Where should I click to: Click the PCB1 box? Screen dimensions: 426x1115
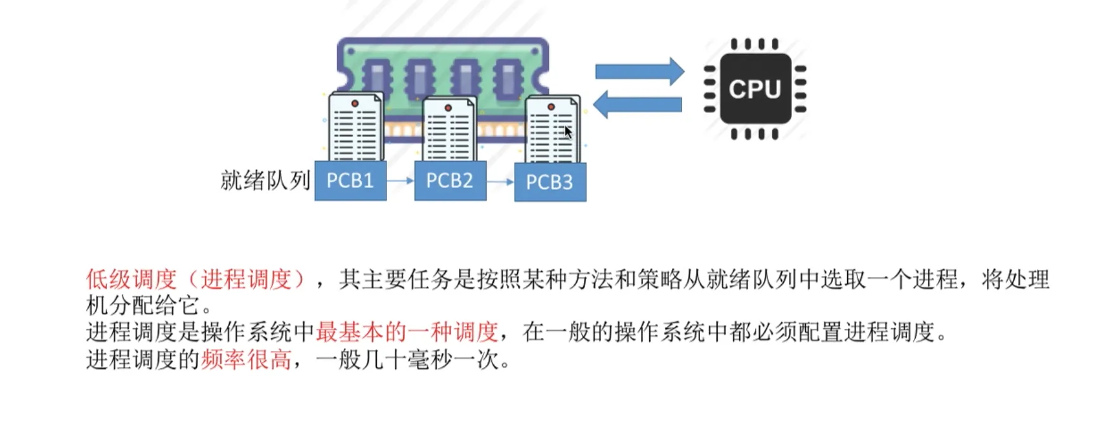(x=350, y=181)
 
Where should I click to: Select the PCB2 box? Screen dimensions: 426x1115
(x=450, y=181)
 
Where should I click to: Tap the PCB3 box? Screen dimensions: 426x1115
(x=550, y=182)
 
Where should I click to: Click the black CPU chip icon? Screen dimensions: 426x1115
(x=755, y=88)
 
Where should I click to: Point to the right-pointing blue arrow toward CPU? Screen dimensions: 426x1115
(x=639, y=71)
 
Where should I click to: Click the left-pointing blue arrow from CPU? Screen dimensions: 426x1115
(x=637, y=104)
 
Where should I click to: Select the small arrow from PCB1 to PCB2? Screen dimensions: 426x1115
(x=400, y=181)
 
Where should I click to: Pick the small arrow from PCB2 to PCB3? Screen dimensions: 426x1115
(x=500, y=182)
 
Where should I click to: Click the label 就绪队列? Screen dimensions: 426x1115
(x=265, y=180)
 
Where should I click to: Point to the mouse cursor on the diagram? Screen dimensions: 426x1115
(x=567, y=132)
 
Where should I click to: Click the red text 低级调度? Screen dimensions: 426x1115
(x=131, y=279)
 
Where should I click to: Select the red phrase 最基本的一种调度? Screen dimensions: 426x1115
(x=407, y=331)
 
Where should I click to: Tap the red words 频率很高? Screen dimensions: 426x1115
(x=246, y=360)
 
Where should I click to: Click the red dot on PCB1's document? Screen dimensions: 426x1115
(x=355, y=103)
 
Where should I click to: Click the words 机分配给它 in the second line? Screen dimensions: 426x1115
(x=143, y=305)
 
